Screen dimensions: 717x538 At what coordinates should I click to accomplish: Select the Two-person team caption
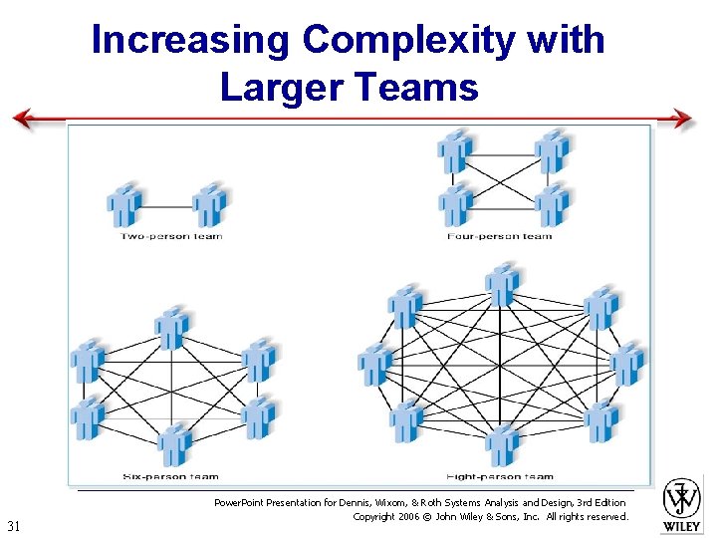tap(171, 236)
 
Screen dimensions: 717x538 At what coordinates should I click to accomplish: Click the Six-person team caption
tap(170, 476)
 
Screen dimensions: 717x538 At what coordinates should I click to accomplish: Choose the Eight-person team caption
tap(501, 476)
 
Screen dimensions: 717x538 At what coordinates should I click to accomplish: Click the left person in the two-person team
tap(124, 205)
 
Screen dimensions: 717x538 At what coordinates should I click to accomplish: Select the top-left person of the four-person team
tap(455, 150)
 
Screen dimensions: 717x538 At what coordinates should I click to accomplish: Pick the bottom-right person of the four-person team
tap(552, 204)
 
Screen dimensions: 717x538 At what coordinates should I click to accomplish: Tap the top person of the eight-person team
tap(502, 285)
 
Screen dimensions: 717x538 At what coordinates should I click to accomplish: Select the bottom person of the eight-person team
tap(502, 444)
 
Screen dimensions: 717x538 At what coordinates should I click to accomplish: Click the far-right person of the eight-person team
tap(627, 364)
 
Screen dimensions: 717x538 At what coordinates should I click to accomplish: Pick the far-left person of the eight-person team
tap(374, 364)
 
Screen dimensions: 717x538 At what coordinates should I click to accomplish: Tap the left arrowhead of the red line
tap(22, 120)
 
